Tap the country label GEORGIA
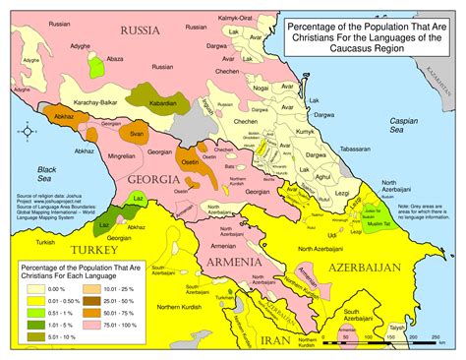pos(152,180)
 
